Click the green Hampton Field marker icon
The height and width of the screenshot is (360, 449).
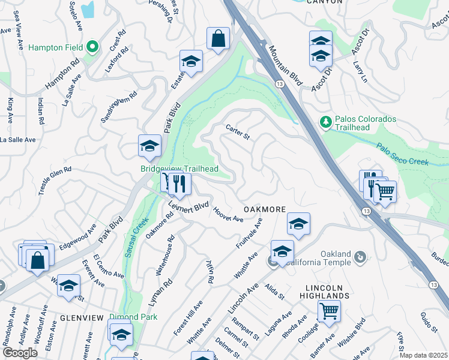tap(92, 46)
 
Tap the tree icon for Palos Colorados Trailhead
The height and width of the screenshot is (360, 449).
tap(326, 122)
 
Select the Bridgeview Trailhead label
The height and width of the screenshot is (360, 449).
tap(179, 169)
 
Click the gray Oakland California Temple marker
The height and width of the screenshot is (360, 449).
tap(360, 257)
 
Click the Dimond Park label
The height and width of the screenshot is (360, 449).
tap(133, 317)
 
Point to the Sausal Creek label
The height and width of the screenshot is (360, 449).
tap(137, 238)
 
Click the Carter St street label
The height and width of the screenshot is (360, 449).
tap(238, 132)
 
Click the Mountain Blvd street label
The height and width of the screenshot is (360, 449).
tap(285, 66)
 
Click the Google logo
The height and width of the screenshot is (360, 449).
tap(20, 352)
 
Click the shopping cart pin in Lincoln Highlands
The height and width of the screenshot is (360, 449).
tap(328, 312)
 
